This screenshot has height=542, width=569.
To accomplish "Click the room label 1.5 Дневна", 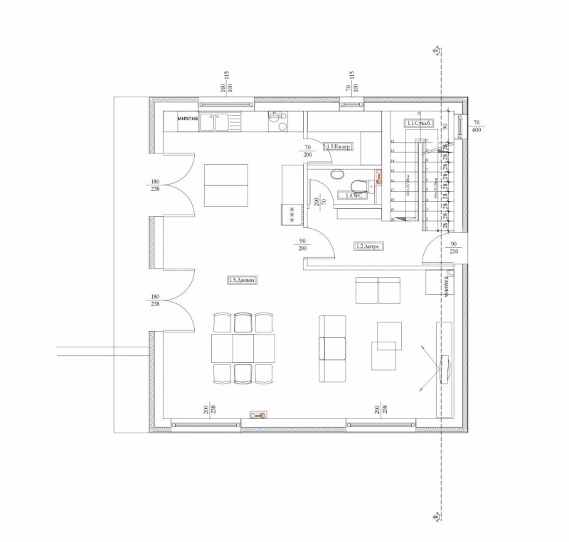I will pos(242,281).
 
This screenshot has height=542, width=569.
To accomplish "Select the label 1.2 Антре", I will pos(369,246).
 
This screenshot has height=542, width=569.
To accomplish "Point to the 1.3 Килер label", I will pos(339,146).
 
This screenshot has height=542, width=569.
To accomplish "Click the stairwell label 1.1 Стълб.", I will pos(420,123).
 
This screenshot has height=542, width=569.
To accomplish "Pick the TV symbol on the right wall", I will pos(446,369).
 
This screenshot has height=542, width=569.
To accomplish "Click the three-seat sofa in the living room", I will pos(331,348).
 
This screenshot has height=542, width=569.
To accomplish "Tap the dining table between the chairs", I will pos(243,349).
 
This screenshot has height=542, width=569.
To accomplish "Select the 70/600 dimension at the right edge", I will pos(476,126).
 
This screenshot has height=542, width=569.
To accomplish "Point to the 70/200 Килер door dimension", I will pos(307,150).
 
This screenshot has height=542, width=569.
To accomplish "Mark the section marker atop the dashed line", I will pos(435,50).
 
